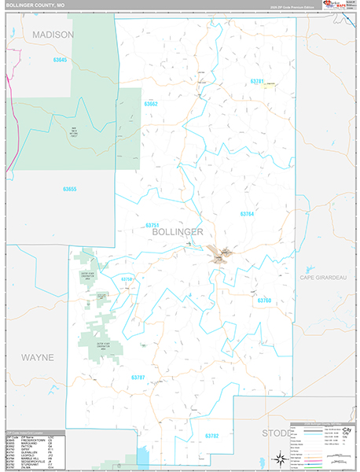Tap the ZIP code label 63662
click(151, 104)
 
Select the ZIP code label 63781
click(257, 81)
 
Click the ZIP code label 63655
click(70, 189)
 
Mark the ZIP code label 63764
click(247, 214)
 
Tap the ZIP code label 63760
click(263, 301)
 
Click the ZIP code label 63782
click(212, 435)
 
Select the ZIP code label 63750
click(128, 279)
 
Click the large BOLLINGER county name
click(174, 233)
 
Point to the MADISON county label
click(53, 35)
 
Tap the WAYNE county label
click(37, 357)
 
